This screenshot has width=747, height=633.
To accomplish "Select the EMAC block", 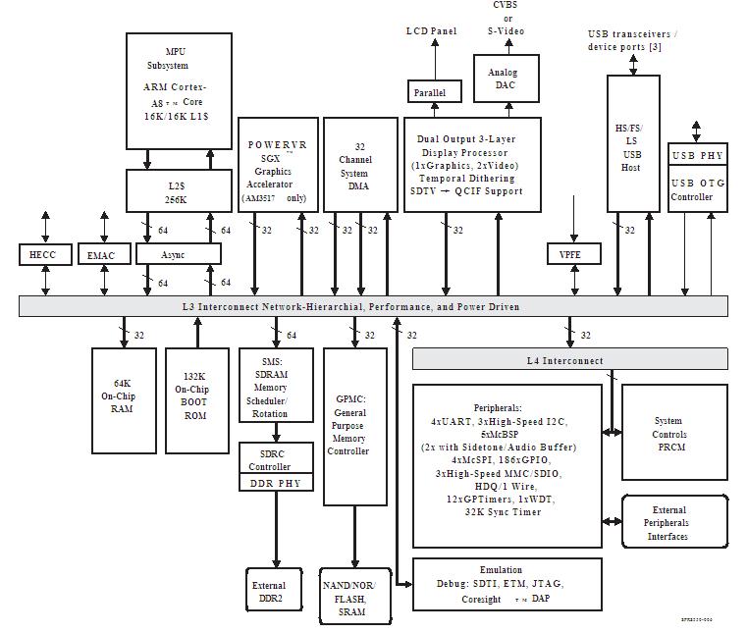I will pyautogui.click(x=101, y=256).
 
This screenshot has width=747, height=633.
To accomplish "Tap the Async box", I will pyautogui.click(x=178, y=255).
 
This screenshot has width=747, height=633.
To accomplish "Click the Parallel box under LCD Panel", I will pyautogui.click(x=429, y=92).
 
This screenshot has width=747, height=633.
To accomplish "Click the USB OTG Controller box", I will pyautogui.click(x=697, y=189).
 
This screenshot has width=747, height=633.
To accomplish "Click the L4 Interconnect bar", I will pyautogui.click(x=569, y=360).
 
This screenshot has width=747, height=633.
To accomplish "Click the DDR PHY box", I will pyautogui.click(x=277, y=483).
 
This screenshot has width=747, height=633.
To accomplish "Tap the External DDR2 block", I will pyautogui.click(x=269, y=592).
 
